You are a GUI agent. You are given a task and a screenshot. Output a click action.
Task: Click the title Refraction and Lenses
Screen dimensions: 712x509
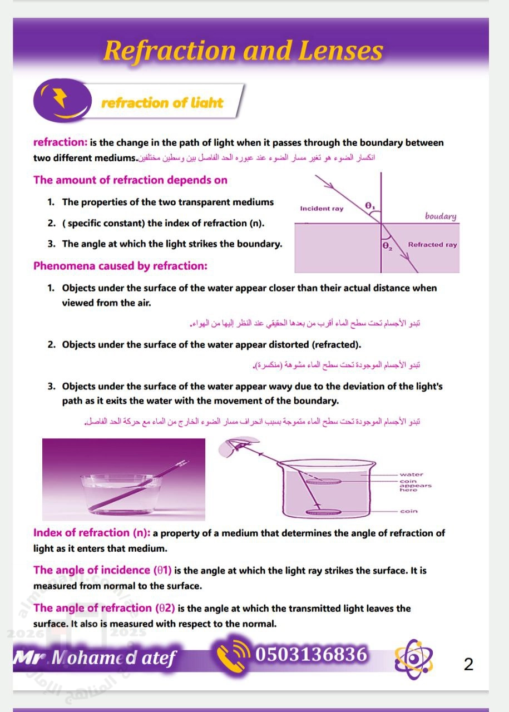point(243,51)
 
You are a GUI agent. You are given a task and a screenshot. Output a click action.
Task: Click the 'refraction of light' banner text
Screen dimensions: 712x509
point(162,103)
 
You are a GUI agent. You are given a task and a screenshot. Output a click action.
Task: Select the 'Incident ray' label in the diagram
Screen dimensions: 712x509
point(322,209)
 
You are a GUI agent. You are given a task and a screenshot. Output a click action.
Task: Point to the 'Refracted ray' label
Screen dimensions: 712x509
point(432,244)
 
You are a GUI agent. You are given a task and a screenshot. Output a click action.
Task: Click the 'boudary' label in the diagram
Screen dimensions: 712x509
point(440,216)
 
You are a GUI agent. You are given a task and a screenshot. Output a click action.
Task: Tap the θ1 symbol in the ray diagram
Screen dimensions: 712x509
point(370,206)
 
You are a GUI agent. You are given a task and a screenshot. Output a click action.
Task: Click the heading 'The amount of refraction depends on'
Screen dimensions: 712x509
point(130,180)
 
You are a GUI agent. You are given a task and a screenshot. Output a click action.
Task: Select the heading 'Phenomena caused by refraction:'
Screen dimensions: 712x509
point(120,266)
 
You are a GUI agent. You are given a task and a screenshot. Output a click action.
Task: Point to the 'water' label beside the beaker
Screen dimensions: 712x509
point(411,474)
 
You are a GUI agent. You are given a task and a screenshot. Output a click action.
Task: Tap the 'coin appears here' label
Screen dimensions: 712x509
point(414,486)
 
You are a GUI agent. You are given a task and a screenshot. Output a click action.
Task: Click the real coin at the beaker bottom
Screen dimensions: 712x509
point(323,512)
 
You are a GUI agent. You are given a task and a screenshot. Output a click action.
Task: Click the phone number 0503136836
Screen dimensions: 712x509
point(312,654)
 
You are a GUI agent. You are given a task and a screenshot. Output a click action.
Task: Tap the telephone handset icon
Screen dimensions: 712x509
point(231,657)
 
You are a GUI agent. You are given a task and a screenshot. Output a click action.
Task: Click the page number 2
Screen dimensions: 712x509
point(468,664)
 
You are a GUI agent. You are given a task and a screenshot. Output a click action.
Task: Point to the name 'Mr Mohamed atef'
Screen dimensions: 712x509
point(94,658)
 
